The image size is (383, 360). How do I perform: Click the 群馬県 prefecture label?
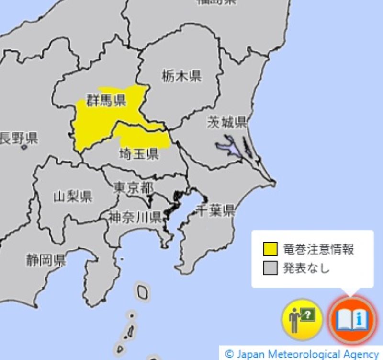tap(106, 100)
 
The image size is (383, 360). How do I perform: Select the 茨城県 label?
tap(226, 122)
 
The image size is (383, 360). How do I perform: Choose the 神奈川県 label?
tap(134, 218)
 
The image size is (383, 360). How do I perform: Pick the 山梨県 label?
tap(72, 196)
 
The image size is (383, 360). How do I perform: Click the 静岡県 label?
tap(46, 260)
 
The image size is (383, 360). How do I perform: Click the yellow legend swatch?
tap(270, 249)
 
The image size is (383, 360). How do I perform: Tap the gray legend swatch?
tap(270, 268)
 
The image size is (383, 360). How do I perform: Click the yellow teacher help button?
tap(302, 319)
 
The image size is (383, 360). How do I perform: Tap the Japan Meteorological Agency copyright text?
tap(302, 354)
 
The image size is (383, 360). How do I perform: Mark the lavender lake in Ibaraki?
tap(229, 147)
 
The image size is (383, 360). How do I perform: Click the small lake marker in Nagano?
tap(24, 147)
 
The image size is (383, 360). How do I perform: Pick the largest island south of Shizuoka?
tap(143, 290)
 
